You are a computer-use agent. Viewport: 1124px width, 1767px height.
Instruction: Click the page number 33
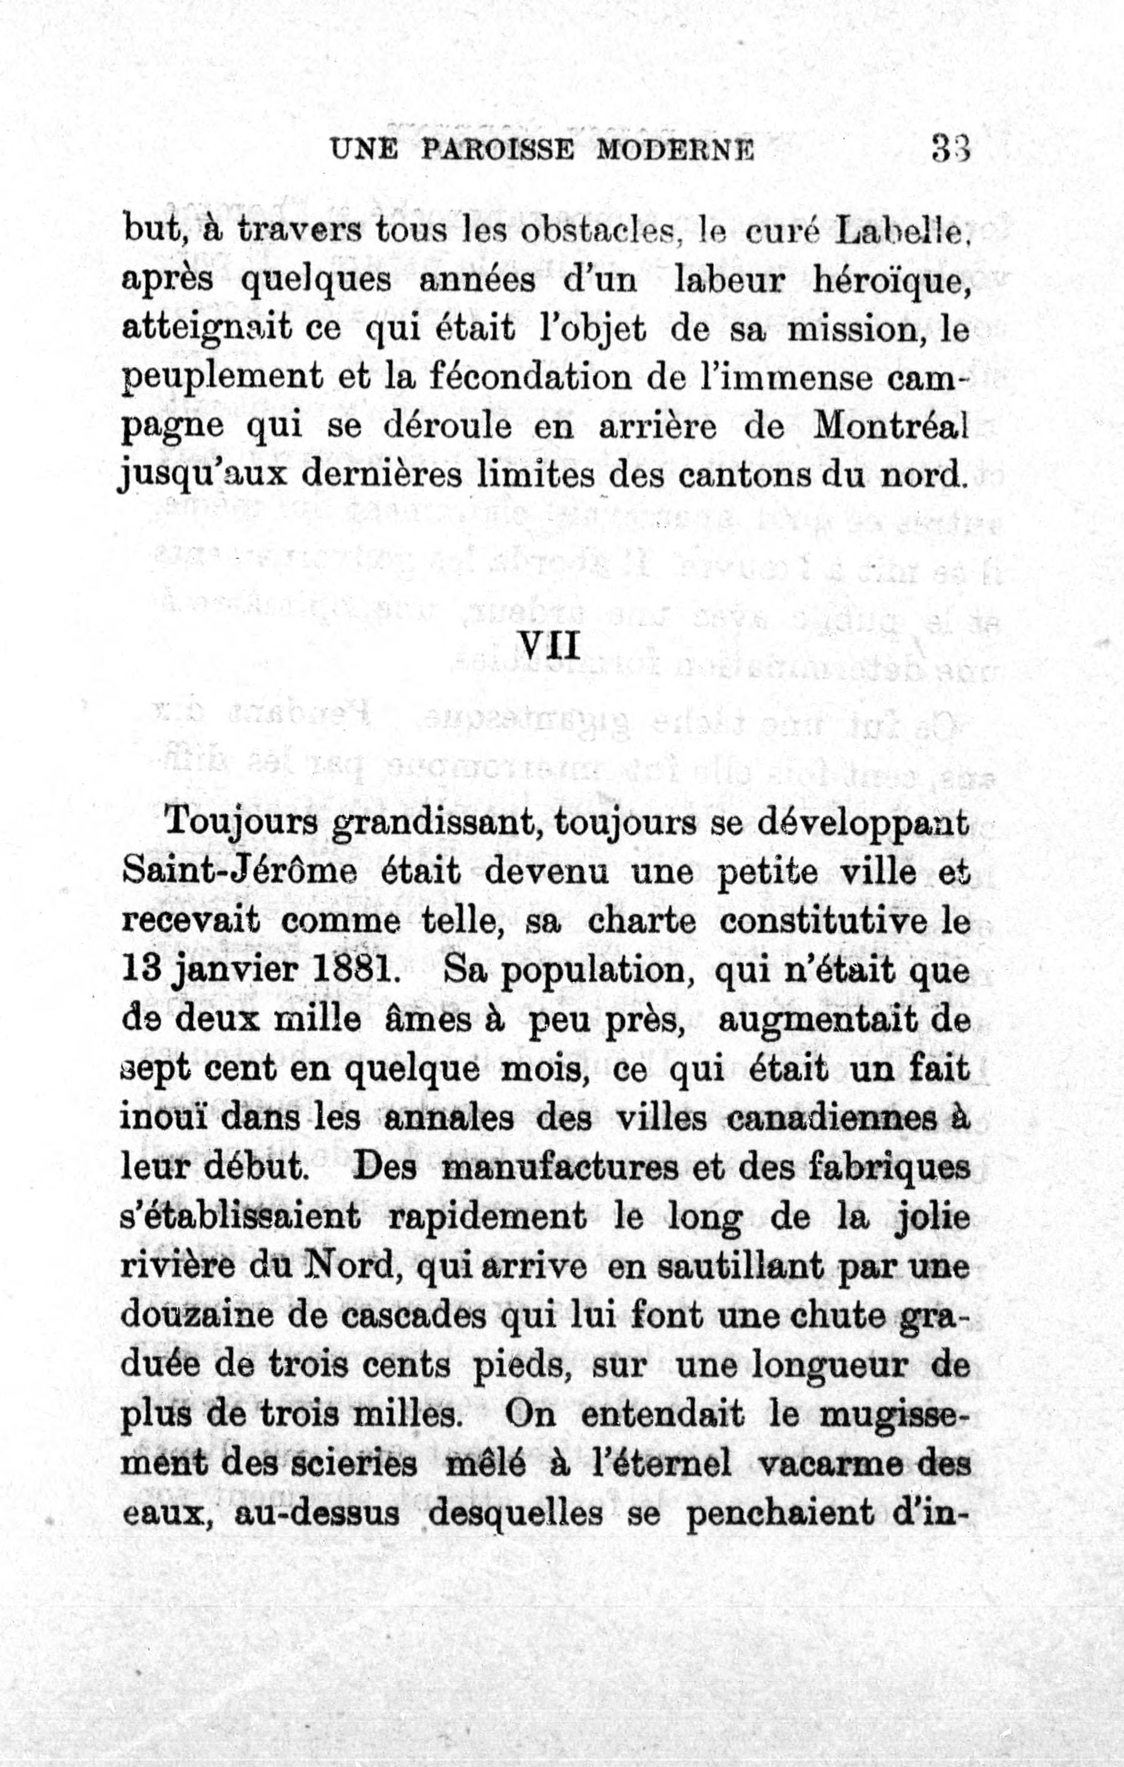pyautogui.click(x=951, y=149)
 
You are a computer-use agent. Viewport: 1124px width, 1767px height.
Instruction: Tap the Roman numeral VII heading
pyautogui.click(x=549, y=646)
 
